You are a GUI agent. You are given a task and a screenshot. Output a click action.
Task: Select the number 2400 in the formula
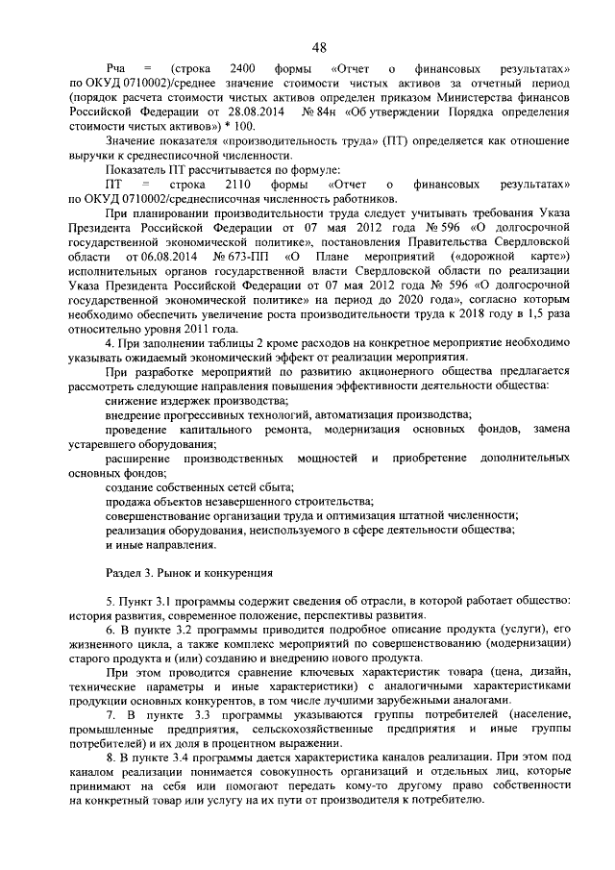249,70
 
